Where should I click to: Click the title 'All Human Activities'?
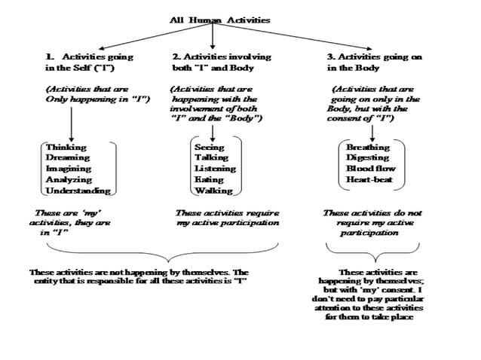pyautogui.click(x=219, y=20)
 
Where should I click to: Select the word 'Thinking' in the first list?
pyautogui.click(x=66, y=147)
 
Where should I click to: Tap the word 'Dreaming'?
pyautogui.click(x=68, y=157)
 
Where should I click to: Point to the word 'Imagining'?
pyautogui.click(x=69, y=169)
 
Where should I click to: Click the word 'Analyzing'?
pyautogui.click(x=69, y=180)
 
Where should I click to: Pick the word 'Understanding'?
pyautogui.click(x=78, y=191)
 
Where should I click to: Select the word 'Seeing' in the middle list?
pyautogui.click(x=209, y=147)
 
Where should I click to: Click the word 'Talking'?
pyautogui.click(x=211, y=157)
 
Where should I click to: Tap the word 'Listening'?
pyautogui.click(x=215, y=169)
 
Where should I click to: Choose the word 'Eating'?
pyautogui.click(x=209, y=180)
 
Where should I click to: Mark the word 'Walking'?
pyautogui.click(x=213, y=191)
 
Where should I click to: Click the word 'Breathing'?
pyautogui.click(x=368, y=147)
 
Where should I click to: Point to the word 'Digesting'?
pyautogui.click(x=368, y=157)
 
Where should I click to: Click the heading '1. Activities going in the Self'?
pyautogui.click(x=89, y=63)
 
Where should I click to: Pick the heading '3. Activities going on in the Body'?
pyautogui.click(x=374, y=63)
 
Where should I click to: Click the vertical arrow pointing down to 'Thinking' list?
pyautogui.click(x=71, y=122)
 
